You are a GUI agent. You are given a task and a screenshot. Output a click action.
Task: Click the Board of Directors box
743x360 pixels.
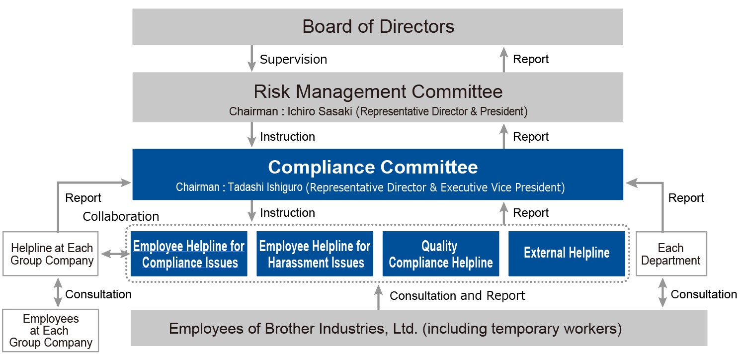(x=378, y=26)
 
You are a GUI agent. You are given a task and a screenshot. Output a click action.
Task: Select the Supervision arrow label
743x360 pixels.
(x=293, y=59)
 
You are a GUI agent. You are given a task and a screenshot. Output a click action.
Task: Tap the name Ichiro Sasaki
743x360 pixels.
(x=320, y=111)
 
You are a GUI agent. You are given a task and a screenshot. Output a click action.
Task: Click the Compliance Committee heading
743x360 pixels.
(x=373, y=167)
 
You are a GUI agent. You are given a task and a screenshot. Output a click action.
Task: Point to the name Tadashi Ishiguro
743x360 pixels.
(x=265, y=187)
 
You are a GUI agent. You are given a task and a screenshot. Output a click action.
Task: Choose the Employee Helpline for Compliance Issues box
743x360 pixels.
(x=189, y=254)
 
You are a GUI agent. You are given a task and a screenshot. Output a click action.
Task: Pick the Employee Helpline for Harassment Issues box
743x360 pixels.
(x=315, y=254)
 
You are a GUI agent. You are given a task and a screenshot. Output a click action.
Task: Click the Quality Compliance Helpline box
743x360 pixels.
(x=441, y=254)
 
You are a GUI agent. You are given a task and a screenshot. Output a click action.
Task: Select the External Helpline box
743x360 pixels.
(x=567, y=254)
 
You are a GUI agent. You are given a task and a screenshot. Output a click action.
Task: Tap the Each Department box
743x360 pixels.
(x=671, y=254)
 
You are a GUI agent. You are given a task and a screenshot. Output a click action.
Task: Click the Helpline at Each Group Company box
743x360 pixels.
(x=51, y=254)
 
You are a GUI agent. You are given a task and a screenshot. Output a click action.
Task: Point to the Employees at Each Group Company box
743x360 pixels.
(x=51, y=331)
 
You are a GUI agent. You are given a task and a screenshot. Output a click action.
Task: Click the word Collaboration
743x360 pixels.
(x=121, y=216)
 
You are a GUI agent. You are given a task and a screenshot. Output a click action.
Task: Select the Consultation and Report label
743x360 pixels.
(x=457, y=296)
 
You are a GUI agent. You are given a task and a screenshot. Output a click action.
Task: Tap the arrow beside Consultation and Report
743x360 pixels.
(x=379, y=297)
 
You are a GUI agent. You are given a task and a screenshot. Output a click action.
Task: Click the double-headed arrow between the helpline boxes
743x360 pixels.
(x=115, y=254)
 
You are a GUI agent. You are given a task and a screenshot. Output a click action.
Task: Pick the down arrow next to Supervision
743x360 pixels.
(x=252, y=58)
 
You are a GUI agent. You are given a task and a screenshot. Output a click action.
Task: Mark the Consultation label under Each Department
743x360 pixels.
(x=704, y=294)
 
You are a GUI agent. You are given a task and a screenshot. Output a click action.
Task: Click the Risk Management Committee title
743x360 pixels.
(x=378, y=91)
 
